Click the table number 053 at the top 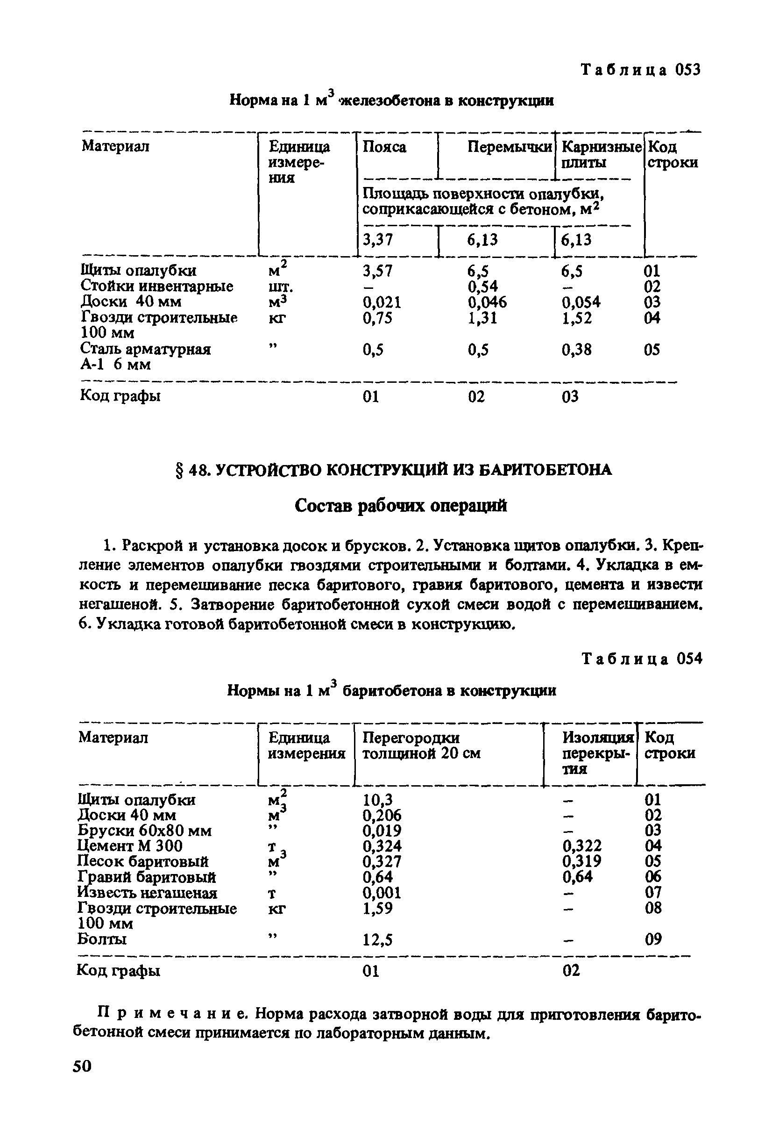pos(687,70)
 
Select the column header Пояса pos(384,147)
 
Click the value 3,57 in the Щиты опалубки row pos(377,271)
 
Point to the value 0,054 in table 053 pos(581,302)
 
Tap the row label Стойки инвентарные pos(157,286)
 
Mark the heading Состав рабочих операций pos(401,506)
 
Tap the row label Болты pos(102,939)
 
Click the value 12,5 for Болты pos(377,939)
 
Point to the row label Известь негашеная pos(148,893)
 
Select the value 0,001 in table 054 pos(382,893)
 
